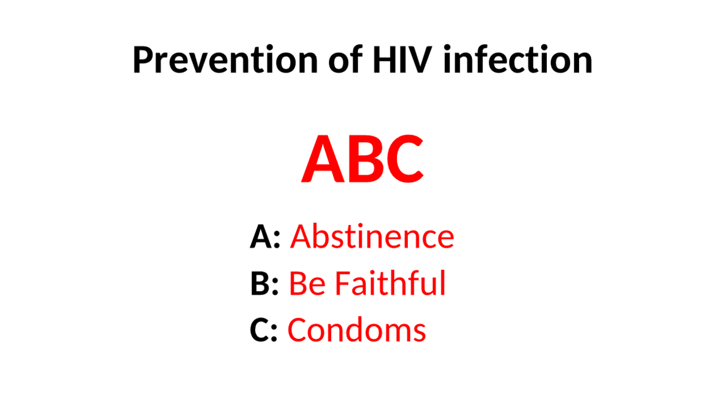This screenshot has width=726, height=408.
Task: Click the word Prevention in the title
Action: (225, 59)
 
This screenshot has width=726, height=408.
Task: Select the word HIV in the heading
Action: (402, 59)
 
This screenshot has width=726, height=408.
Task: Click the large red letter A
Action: (323, 159)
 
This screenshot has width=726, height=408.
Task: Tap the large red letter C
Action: (403, 159)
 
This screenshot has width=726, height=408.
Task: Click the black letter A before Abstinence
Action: (260, 237)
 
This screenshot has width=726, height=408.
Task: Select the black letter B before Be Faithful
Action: (260, 283)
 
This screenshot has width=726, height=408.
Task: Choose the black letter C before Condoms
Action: (259, 330)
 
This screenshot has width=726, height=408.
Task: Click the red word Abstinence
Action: (372, 236)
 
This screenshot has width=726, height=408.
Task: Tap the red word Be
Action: (307, 283)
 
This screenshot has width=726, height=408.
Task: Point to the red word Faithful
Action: (391, 283)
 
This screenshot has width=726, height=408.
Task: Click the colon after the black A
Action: (277, 240)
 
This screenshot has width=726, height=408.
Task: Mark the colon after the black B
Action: (275, 287)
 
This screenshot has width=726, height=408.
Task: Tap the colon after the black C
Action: (274, 334)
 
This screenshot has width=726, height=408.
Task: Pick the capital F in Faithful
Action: (343, 283)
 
